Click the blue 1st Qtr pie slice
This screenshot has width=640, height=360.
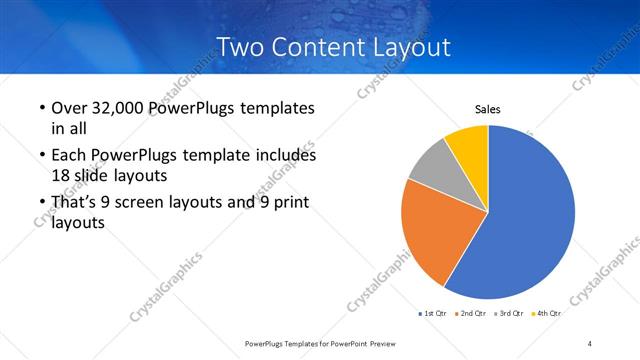[x=530, y=220]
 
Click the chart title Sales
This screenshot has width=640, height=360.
[x=487, y=110]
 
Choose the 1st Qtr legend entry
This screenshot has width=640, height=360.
[x=432, y=313]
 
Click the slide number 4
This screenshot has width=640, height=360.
[x=590, y=343]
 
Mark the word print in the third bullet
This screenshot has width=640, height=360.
[x=289, y=204]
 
